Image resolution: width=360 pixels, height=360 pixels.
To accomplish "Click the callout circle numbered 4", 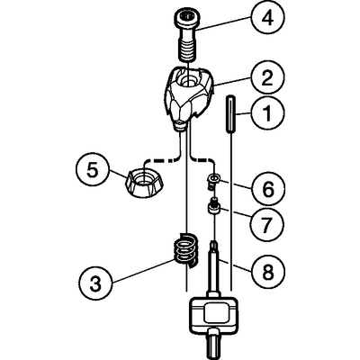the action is [267, 18].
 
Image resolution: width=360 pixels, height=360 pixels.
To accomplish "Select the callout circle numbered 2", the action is [267, 77].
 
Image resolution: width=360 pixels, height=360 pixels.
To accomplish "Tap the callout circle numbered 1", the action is [267, 114].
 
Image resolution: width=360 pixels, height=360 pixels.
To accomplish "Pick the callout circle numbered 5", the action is [93, 171].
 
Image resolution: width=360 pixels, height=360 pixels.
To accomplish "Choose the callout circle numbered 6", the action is [267, 189].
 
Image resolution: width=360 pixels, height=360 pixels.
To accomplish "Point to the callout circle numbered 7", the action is [267, 223].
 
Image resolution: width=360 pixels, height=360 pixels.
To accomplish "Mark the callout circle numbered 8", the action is [267, 272].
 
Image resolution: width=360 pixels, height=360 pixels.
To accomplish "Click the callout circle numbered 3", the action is [95, 283].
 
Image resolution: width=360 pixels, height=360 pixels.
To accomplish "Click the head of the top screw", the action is [185, 19].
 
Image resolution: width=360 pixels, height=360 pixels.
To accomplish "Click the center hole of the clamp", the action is [188, 80].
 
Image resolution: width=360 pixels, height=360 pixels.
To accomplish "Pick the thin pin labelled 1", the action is [230, 114].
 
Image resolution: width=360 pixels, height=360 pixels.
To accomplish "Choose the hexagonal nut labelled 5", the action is [143, 183].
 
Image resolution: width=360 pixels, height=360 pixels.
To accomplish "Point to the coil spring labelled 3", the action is [185, 248].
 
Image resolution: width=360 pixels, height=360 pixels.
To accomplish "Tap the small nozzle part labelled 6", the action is [212, 182].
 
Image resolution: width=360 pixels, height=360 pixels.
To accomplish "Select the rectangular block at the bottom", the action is [212, 313].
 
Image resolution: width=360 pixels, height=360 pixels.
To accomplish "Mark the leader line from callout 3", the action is [142, 271].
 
